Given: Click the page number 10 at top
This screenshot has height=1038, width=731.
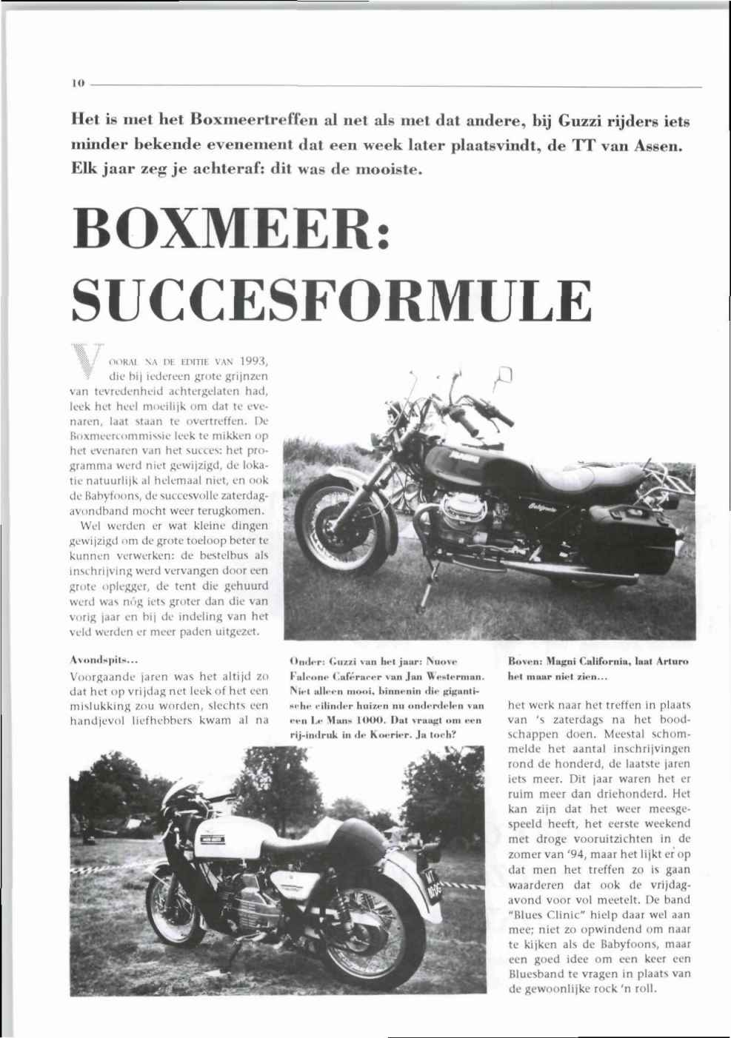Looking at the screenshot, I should click(x=76, y=84).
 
